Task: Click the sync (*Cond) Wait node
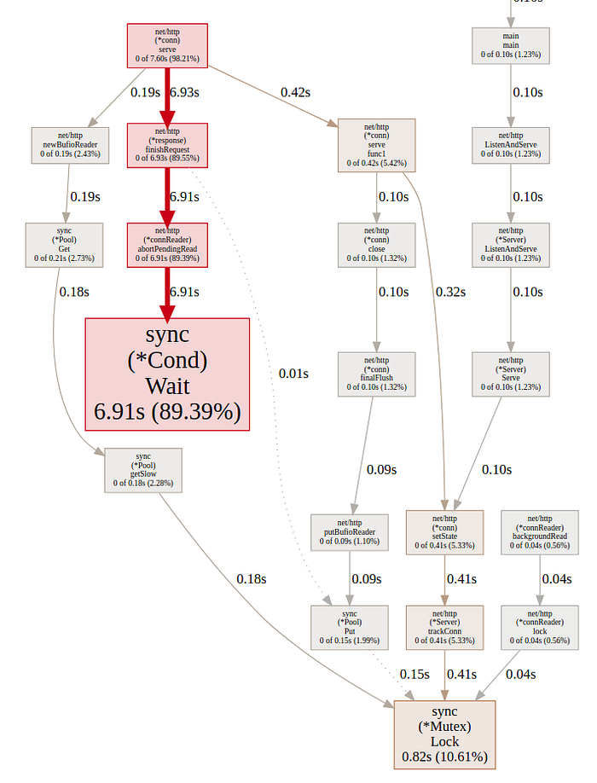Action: point(167,374)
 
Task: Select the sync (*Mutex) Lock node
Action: point(444,733)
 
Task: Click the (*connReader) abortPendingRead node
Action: point(167,246)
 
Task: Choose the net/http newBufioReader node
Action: point(71,145)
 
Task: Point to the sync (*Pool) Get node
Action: point(64,246)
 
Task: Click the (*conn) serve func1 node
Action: point(377,145)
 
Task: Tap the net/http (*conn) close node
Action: point(377,246)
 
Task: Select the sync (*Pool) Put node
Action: point(350,628)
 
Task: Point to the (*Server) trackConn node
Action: point(444,628)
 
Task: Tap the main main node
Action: point(511,43)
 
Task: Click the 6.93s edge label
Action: point(184,92)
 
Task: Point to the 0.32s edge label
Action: point(450,292)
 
